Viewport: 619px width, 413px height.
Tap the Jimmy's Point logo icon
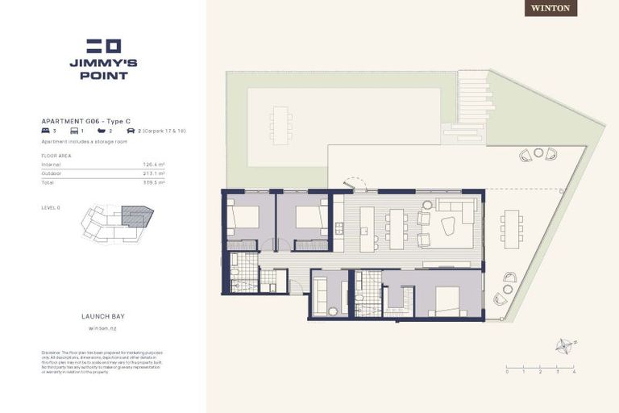tap(103, 46)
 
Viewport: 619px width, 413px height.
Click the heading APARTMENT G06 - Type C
tap(85, 120)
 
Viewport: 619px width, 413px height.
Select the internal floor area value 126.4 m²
tap(153, 165)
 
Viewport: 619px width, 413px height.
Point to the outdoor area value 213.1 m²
tap(153, 173)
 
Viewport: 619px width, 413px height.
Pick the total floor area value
tap(153, 183)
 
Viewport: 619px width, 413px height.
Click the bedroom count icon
tap(46, 130)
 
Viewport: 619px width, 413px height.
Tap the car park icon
tap(130, 130)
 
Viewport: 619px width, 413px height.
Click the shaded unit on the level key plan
tap(136, 215)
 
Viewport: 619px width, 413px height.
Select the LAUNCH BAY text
tap(103, 317)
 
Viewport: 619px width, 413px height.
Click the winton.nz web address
tap(103, 328)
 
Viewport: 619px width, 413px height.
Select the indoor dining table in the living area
tap(395, 227)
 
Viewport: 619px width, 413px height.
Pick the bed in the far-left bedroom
tap(244, 217)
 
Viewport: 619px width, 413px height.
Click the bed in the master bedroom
tap(446, 300)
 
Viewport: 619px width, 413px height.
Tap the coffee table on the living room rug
tap(447, 226)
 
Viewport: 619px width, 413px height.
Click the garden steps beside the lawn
tap(473, 102)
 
